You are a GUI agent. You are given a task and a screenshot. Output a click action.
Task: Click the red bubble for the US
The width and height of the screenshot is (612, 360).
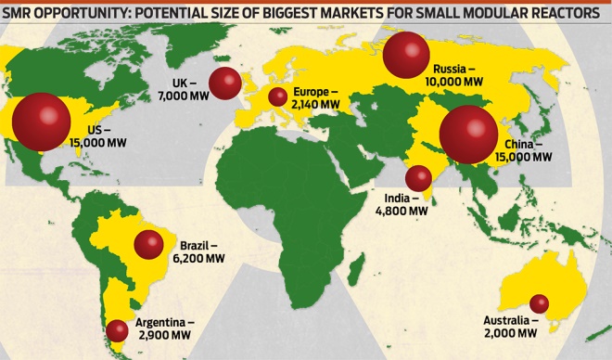point(40,122)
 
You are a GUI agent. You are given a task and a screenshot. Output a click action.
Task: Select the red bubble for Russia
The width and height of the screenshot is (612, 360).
point(405,57)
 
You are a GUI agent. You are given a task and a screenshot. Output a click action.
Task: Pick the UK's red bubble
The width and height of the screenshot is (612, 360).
point(225,84)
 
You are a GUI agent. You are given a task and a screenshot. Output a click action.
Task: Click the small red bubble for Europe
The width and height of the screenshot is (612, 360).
point(277,97)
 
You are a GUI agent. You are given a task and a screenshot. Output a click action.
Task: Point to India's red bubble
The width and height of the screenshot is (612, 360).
point(418,178)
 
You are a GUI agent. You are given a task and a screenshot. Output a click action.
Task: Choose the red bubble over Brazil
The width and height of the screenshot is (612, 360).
point(148,245)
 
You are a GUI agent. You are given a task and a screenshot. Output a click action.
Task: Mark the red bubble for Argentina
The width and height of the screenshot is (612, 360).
point(117,330)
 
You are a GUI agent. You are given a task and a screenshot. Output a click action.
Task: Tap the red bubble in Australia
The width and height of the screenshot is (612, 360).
point(538,303)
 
